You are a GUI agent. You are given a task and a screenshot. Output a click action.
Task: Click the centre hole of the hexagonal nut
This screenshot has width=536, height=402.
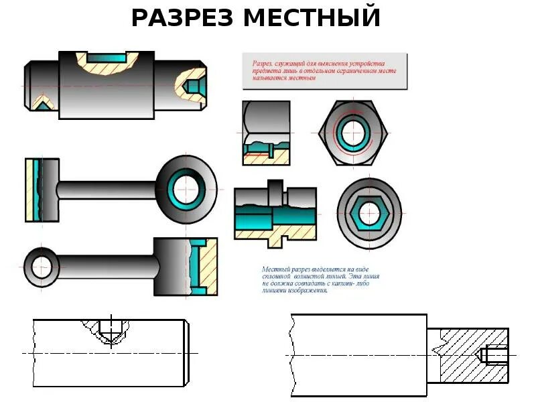coord(352,133)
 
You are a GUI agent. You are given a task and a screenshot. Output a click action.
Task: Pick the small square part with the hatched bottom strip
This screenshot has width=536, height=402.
coord(265,132)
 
